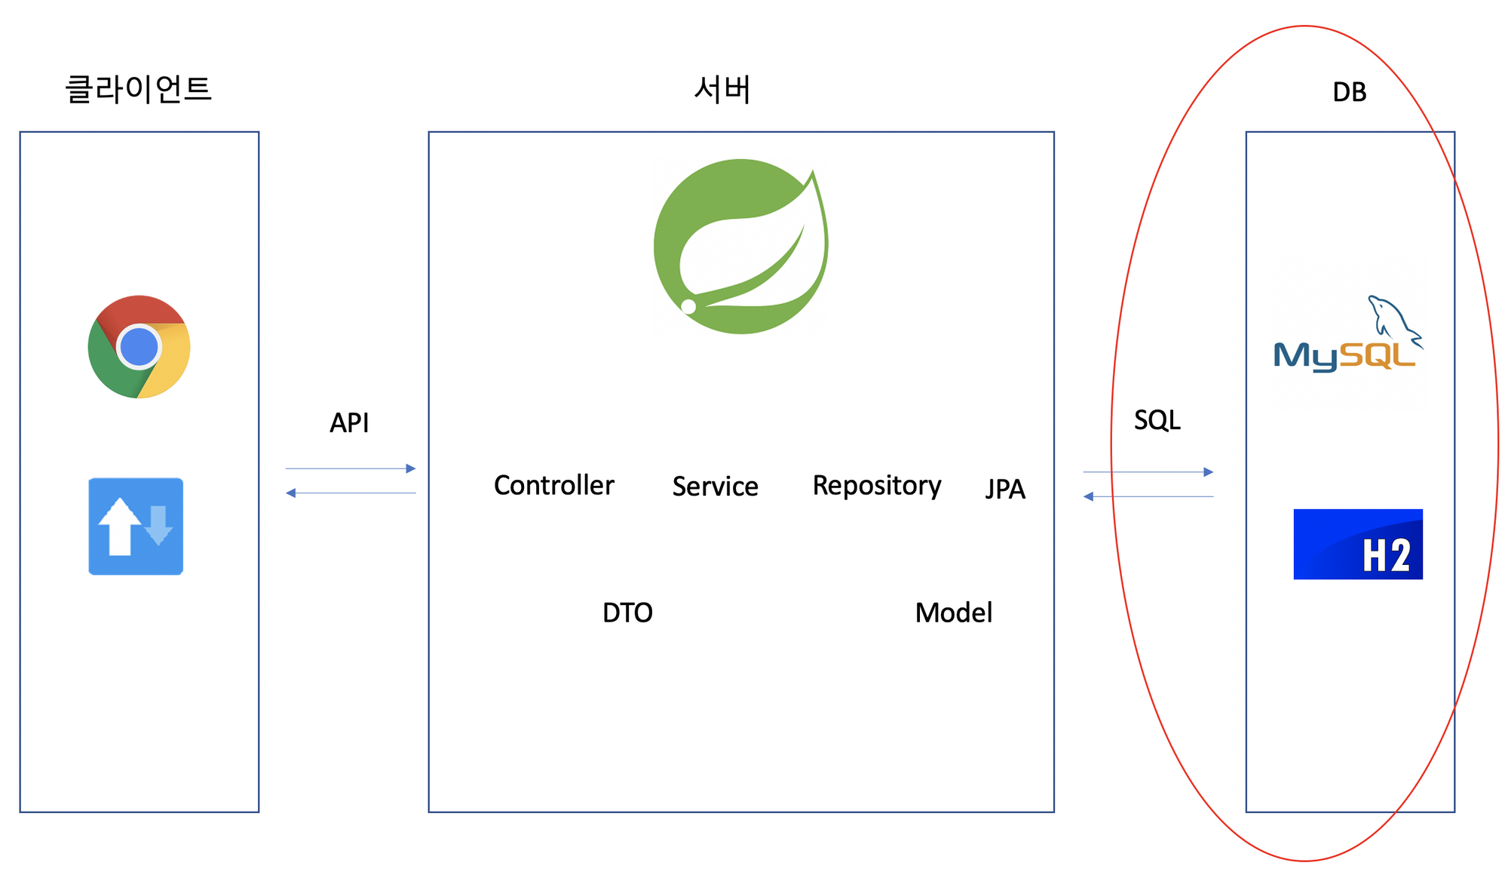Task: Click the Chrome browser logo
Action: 139,347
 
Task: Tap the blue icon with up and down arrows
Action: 136,527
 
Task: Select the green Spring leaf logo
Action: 740,247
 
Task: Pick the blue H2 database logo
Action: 1357,544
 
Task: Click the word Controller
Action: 553,485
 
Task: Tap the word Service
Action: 715,487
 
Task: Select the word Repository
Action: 876,485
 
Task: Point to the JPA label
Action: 1005,489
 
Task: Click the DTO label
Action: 627,613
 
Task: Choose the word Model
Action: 953,613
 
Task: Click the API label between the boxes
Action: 349,422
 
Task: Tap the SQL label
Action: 1157,419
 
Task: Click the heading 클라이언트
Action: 139,89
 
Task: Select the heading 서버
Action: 722,90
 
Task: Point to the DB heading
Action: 1349,92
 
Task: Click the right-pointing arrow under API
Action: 351,468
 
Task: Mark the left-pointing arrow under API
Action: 351,493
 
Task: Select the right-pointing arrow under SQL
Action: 1148,472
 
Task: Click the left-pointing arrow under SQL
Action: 1148,496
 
